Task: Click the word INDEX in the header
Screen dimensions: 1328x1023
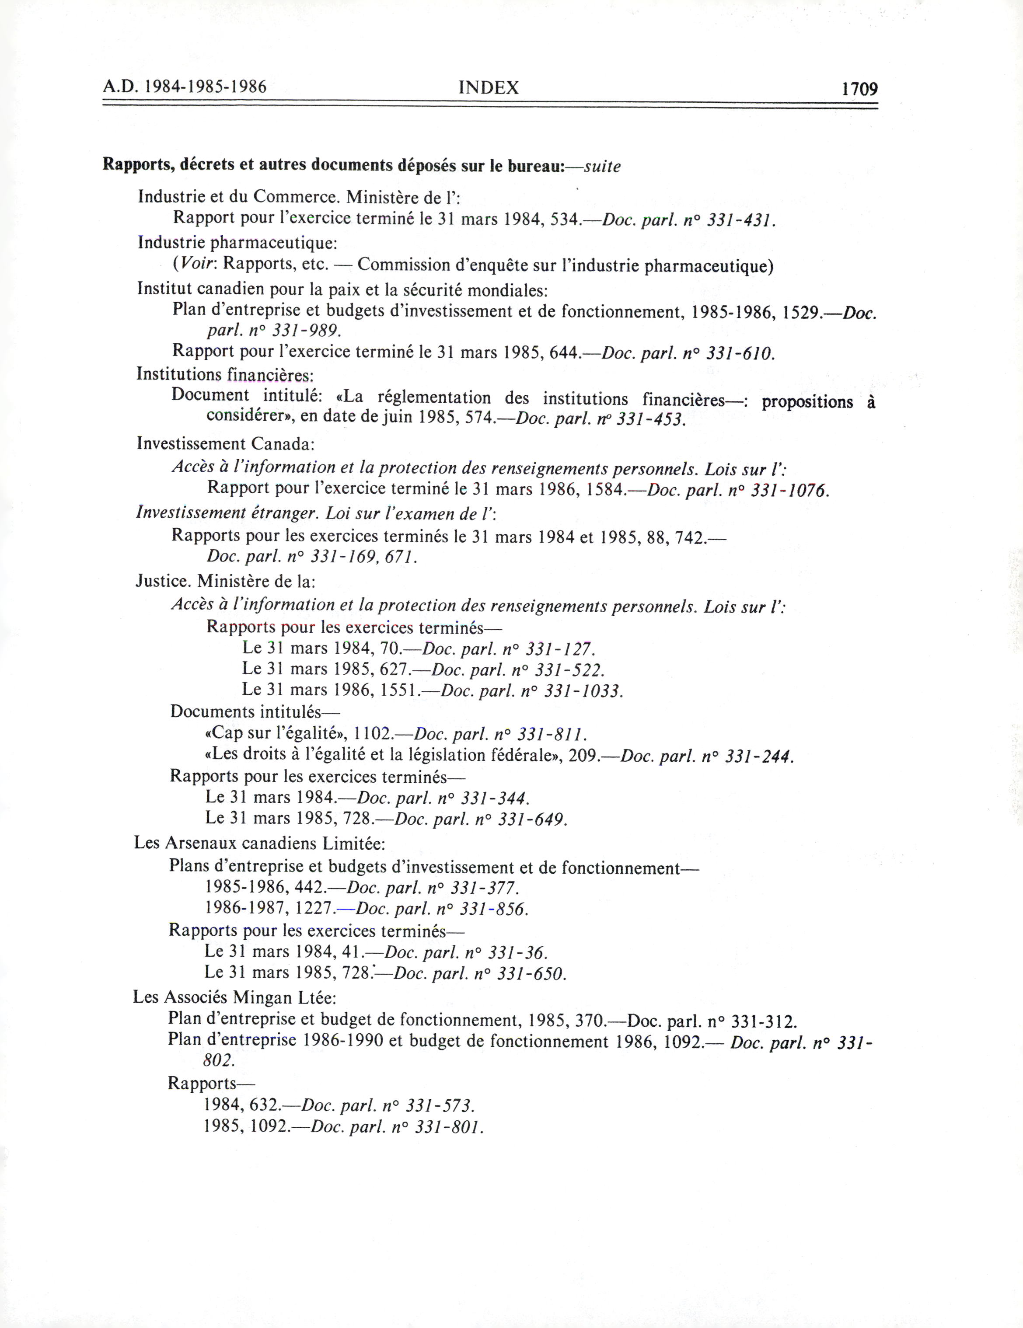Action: (489, 88)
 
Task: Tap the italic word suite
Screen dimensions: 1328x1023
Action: (602, 167)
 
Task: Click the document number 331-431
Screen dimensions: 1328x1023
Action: (740, 220)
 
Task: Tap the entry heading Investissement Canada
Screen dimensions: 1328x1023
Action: (225, 444)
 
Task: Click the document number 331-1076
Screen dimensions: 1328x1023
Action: (790, 490)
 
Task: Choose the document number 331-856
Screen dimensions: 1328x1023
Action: (494, 909)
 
